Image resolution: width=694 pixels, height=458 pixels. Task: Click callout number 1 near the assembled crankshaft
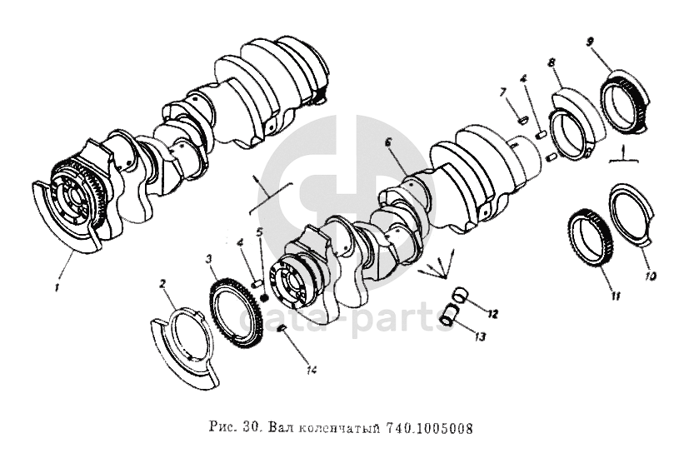[x=57, y=288]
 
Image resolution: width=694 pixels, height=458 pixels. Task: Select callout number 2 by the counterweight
[x=163, y=283]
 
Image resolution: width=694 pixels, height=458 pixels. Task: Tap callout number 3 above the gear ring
[x=210, y=259]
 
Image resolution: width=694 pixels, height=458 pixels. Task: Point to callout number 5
[x=260, y=231]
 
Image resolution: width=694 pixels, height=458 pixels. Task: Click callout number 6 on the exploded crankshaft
[x=388, y=143]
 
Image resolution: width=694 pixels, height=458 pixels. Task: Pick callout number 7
[x=503, y=92]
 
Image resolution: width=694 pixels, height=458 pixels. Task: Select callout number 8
[x=552, y=62]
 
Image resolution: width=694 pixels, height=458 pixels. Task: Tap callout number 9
[x=590, y=42]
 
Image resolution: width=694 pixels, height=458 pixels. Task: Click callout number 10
[x=651, y=276]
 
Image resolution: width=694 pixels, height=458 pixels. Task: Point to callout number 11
[x=616, y=296]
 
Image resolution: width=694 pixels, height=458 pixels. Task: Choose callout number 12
[x=492, y=314]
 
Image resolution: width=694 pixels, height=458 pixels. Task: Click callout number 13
[x=480, y=336]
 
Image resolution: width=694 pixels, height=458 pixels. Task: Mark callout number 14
[x=312, y=371]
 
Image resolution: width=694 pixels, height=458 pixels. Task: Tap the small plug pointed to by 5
[x=265, y=298]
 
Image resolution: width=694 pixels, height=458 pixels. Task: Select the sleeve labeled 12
[x=458, y=295]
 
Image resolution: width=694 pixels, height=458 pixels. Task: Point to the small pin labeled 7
[x=522, y=118]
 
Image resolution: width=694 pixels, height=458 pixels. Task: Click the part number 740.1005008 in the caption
[x=430, y=428]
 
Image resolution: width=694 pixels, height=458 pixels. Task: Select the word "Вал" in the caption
[x=278, y=428]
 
